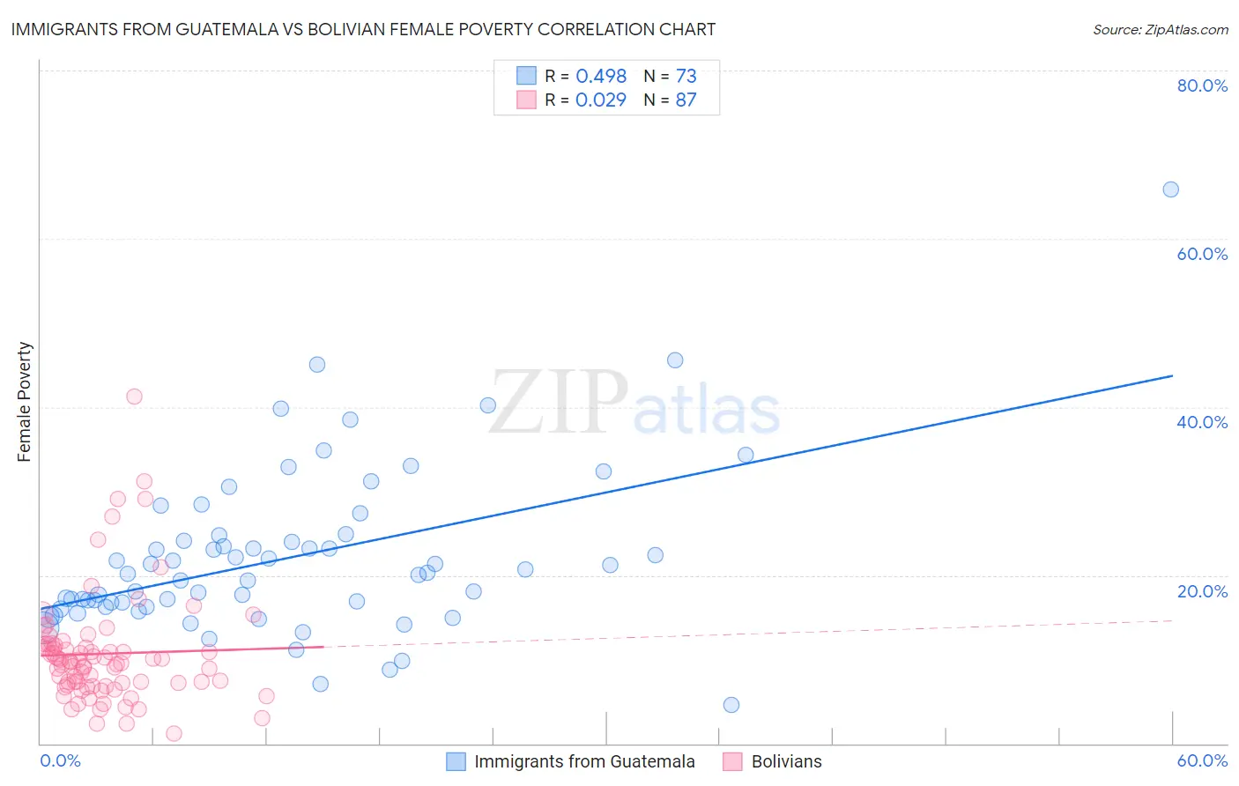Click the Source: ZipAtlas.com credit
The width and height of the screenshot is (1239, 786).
pos(1160,29)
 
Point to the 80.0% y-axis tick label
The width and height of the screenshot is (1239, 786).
pos(1202,85)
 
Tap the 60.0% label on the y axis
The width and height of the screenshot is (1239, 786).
pos(1202,254)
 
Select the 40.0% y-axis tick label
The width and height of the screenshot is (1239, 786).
pos(1202,422)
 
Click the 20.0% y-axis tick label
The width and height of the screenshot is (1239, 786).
pos(1202,590)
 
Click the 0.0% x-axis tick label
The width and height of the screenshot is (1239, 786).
pos(60,760)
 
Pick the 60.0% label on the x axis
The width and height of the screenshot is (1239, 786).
pos(1202,760)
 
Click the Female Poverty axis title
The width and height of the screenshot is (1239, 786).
pos(25,402)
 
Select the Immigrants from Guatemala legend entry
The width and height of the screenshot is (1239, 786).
pos(583,761)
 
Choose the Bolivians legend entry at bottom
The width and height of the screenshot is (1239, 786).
pos(786,761)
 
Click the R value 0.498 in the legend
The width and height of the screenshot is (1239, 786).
pos(601,76)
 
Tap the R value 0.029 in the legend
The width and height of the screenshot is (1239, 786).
pos(601,100)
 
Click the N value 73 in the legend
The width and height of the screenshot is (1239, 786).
pos(686,76)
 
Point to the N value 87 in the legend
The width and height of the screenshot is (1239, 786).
pos(686,100)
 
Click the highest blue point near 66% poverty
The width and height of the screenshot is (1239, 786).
pos(1170,189)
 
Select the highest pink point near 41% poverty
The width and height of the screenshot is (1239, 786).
pos(134,397)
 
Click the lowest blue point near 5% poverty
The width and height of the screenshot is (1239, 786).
pos(731,705)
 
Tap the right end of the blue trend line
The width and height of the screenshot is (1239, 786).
pos(1172,376)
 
